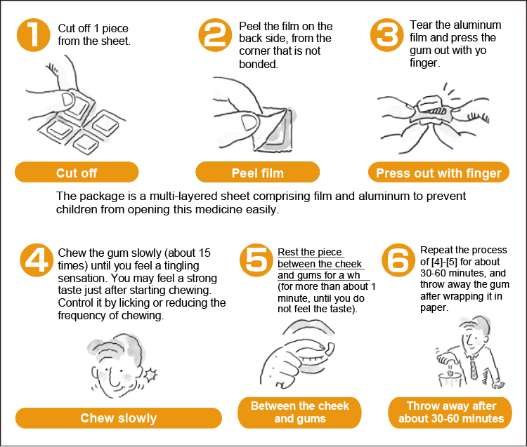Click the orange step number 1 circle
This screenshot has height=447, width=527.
click(34, 35)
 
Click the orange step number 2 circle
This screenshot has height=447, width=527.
click(215, 35)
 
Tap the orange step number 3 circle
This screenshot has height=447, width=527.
click(387, 35)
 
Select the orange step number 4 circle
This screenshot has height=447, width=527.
click(37, 260)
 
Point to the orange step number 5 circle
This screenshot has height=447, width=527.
click(256, 260)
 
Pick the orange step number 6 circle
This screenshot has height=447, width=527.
click(398, 260)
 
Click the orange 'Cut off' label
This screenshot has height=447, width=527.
click(77, 172)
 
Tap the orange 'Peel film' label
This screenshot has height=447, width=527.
click(257, 172)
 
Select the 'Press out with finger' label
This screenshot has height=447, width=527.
click(438, 172)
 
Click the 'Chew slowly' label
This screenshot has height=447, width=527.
click(119, 418)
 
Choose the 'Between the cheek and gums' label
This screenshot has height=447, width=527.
click(299, 413)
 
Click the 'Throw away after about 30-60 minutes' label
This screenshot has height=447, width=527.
click(450, 413)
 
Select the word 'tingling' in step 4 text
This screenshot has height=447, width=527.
click(181, 266)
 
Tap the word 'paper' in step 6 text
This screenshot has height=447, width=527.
click(434, 308)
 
